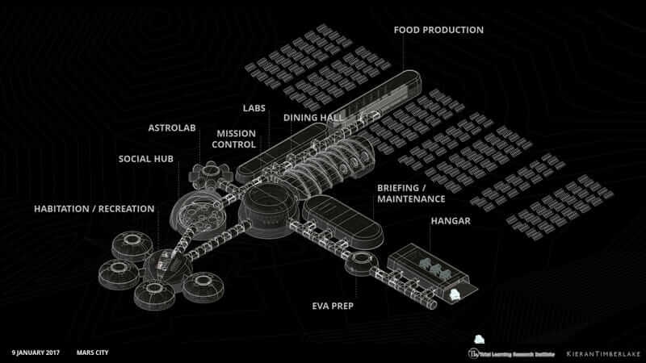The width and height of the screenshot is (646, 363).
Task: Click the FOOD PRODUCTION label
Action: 438,31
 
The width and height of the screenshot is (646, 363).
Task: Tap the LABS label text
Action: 254,108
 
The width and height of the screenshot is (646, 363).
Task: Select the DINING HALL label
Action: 313,118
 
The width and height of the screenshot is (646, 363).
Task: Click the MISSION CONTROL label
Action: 236,139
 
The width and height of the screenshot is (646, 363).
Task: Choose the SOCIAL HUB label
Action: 146,158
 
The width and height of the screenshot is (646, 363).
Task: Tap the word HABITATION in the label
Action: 61,209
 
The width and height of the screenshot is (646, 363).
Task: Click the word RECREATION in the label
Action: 125,209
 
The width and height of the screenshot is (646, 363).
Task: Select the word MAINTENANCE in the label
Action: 411,198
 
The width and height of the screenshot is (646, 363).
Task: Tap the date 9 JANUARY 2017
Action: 37,353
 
